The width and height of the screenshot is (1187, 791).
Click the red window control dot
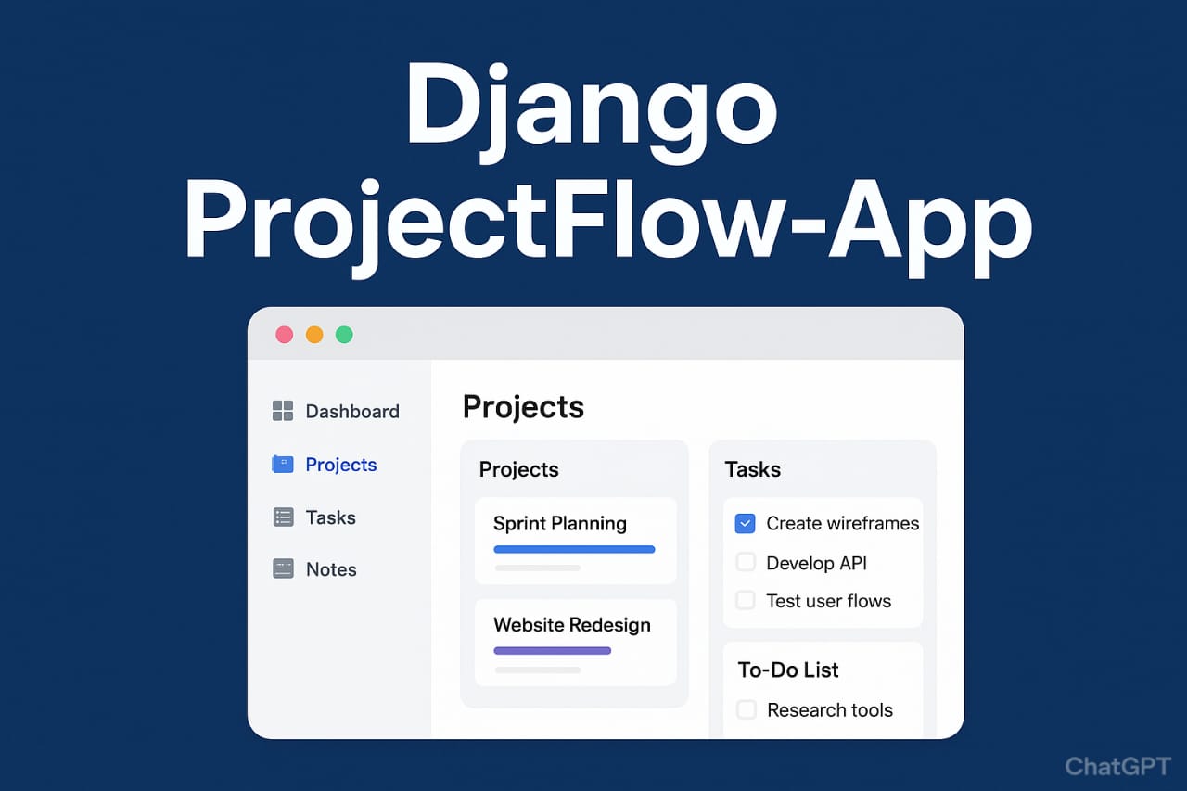pos(285,335)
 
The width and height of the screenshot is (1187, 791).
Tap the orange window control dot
pos(314,335)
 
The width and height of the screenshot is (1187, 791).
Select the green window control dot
pos(344,335)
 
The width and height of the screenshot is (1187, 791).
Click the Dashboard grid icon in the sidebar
pos(283,411)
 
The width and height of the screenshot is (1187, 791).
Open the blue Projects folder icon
pos(283,464)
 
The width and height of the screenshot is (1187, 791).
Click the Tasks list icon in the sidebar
pos(283,517)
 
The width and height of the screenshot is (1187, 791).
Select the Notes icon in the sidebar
pos(283,569)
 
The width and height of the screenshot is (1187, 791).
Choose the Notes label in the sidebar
pos(331,569)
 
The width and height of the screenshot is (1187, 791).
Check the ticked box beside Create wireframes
pos(745,523)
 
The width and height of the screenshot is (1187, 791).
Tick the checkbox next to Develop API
pos(746,562)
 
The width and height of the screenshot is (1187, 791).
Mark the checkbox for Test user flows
pos(746,600)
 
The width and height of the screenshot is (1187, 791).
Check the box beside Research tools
pos(747,709)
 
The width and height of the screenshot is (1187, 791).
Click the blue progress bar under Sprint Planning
pos(574,549)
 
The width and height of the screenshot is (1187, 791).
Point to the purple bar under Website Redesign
pos(553,651)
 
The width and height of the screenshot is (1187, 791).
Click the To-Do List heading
pos(788,670)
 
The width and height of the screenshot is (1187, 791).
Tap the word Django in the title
pos(591,109)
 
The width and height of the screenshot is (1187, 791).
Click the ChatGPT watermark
pos(1118,767)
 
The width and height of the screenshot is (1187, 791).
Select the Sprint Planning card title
pos(560,524)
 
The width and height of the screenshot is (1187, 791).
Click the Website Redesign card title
pos(572,625)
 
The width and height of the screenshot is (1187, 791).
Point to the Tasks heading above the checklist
pos(753,469)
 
